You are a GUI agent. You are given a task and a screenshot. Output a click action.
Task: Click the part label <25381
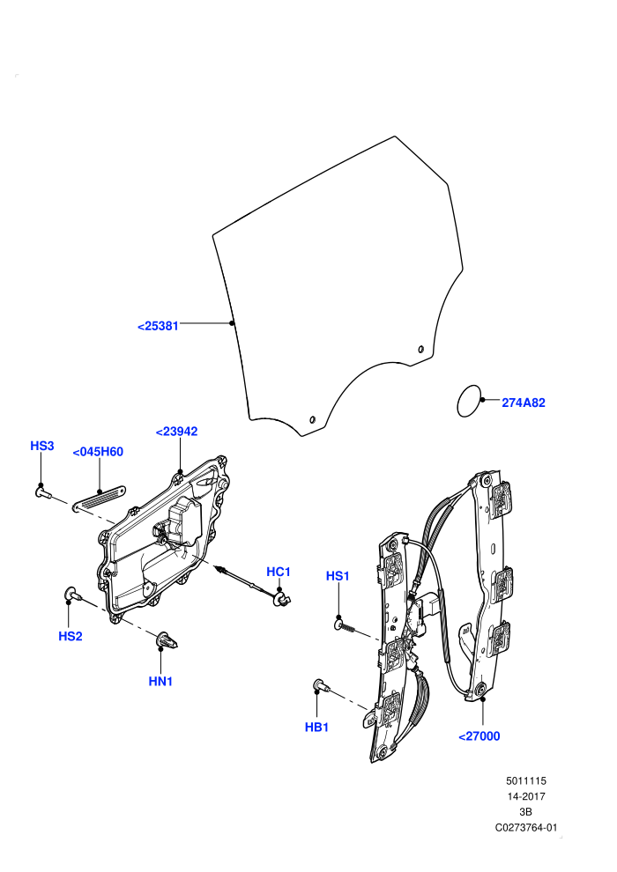[158, 326]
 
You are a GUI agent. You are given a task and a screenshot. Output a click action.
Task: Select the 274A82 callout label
[524, 403]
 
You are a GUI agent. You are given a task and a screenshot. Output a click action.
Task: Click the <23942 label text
[176, 432]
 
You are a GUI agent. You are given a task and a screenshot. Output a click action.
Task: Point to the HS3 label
[41, 446]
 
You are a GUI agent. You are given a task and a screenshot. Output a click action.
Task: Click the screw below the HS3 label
[43, 491]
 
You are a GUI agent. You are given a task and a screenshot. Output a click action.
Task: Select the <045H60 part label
[98, 452]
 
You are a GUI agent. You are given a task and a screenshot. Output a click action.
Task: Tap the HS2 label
[71, 636]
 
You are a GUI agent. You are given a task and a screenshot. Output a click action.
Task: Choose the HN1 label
[160, 681]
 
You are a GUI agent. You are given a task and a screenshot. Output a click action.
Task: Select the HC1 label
[279, 572]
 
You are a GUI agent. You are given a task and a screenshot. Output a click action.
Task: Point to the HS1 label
[338, 576]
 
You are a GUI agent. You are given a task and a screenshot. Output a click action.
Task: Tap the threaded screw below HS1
[345, 626]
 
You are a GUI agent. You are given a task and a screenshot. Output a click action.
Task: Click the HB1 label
[316, 727]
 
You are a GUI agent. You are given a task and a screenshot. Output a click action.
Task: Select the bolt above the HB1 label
[322, 686]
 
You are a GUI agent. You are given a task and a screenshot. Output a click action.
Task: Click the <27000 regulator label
[479, 736]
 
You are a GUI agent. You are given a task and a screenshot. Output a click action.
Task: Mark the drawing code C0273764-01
[525, 827]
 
